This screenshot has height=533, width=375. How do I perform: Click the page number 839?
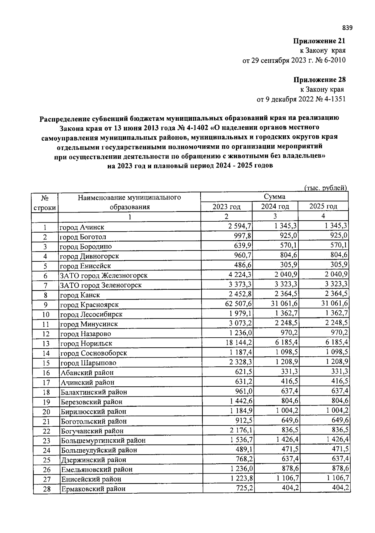pyautogui.click(x=347, y=28)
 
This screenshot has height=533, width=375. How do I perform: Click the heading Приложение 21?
pyautogui.click(x=319, y=41)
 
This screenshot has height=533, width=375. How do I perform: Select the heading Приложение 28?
pyautogui.click(x=319, y=80)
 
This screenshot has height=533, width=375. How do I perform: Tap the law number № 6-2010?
pyautogui.click(x=330, y=60)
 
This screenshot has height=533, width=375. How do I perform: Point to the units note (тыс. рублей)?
pyautogui.click(x=326, y=188)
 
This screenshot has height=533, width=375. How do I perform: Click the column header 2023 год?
pyautogui.click(x=226, y=207)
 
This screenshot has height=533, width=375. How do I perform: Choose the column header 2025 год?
pyautogui.click(x=323, y=206)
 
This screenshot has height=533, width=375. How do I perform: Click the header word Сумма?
pyautogui.click(x=274, y=197)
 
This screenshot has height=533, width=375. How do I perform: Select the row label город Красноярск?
pyautogui.click(x=89, y=305)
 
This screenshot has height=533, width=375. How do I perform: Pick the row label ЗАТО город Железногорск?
pyautogui.click(x=104, y=276)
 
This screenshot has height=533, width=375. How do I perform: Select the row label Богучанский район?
pyautogui.click(x=92, y=431)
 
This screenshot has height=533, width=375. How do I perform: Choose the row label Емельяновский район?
pyautogui.click(x=97, y=470)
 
